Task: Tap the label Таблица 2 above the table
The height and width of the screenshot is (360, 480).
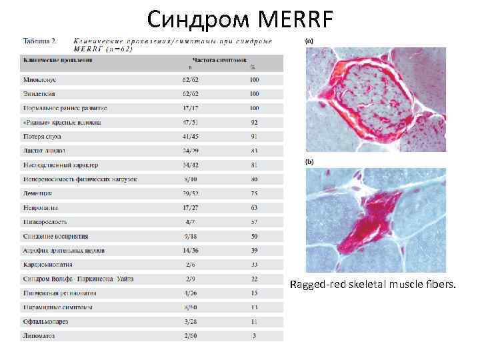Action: [40, 41]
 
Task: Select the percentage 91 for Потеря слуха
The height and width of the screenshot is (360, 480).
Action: [254, 136]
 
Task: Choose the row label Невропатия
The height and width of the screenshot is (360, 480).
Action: [40, 207]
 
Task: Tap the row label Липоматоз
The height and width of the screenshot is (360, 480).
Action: [39, 336]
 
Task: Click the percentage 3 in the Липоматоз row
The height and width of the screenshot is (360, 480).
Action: [254, 336]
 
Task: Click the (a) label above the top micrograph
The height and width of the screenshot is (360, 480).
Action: [309, 41]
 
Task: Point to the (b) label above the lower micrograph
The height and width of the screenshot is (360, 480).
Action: [309, 162]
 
